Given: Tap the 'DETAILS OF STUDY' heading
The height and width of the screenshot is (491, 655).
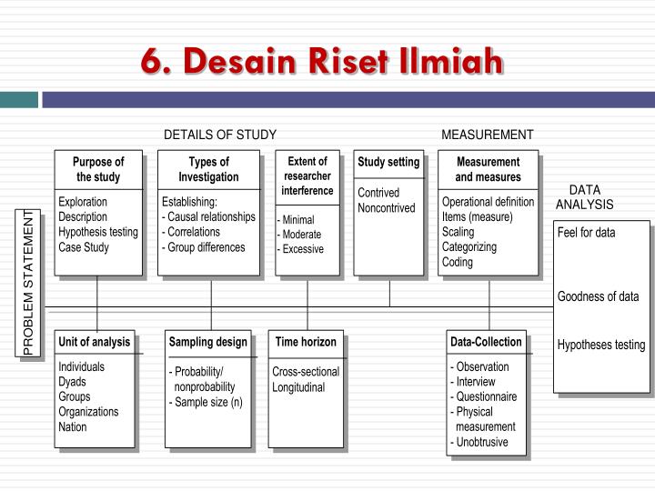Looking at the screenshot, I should click(x=219, y=135).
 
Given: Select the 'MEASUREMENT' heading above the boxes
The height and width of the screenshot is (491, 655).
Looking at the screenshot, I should click(x=487, y=135).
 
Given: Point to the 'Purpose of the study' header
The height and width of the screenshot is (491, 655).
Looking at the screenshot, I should click(x=98, y=169).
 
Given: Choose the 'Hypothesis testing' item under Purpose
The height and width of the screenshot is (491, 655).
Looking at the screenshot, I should click(x=98, y=232).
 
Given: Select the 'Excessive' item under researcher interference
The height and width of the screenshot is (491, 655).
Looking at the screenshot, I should click(x=302, y=249).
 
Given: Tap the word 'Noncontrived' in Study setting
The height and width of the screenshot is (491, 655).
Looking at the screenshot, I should click(x=386, y=207).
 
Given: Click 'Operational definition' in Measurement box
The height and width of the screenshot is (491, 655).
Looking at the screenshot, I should click(x=488, y=201).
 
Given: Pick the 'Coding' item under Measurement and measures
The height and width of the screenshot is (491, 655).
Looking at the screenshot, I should click(x=458, y=262).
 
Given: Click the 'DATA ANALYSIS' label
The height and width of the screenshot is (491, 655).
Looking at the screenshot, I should click(x=585, y=197).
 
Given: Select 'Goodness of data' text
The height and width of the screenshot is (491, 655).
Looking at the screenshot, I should click(x=599, y=296).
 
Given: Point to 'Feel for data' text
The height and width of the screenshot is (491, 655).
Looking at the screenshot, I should click(x=586, y=233).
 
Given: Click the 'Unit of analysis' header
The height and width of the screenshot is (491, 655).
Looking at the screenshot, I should click(x=95, y=342).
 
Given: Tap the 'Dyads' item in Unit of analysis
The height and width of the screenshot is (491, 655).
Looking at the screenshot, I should click(x=73, y=382).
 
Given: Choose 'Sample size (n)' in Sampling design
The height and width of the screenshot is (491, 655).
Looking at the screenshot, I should click(x=208, y=402).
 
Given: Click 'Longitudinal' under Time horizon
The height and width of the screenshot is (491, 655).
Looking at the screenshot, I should click(x=298, y=387).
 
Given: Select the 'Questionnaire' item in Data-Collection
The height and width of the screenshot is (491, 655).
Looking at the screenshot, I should click(x=486, y=396).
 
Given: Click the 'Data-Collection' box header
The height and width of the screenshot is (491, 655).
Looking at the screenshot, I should click(x=486, y=342).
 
